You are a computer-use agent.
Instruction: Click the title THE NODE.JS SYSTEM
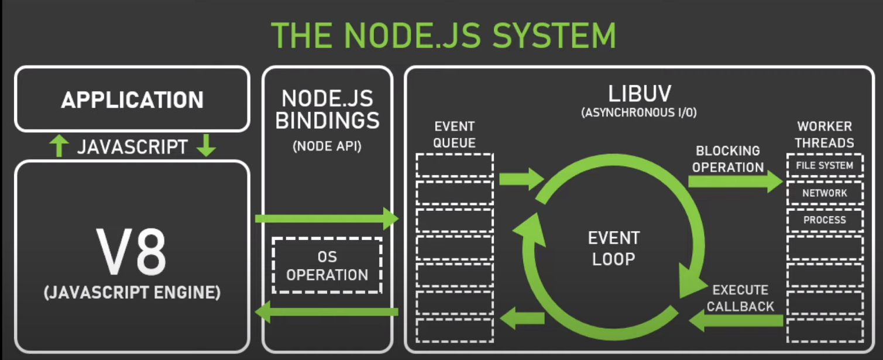(x=444, y=36)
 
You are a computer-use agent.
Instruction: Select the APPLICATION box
(x=132, y=99)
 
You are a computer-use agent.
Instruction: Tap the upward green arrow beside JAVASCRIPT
(x=59, y=146)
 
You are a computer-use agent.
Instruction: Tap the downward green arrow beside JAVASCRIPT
(x=206, y=146)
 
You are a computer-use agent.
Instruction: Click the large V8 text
(x=131, y=252)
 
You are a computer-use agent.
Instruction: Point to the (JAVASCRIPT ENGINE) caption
(x=132, y=293)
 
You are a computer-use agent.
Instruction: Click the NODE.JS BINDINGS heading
(x=327, y=109)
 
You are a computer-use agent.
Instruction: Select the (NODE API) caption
(x=327, y=146)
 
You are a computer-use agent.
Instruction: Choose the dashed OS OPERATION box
(x=327, y=265)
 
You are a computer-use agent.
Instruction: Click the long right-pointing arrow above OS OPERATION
(x=327, y=218)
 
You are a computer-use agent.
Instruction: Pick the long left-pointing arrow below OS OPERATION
(x=327, y=311)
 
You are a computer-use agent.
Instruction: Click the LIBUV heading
(x=639, y=94)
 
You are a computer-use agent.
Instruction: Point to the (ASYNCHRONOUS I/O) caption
(x=639, y=113)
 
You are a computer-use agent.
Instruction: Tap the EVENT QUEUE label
(x=455, y=135)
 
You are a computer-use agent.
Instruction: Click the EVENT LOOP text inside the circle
(x=614, y=248)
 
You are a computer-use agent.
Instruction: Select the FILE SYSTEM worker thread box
(x=825, y=165)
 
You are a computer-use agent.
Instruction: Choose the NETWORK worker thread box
(x=825, y=193)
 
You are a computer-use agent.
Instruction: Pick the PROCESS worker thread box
(x=825, y=220)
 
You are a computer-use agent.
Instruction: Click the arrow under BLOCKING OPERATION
(x=736, y=181)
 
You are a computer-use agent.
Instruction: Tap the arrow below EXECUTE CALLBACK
(x=736, y=320)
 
